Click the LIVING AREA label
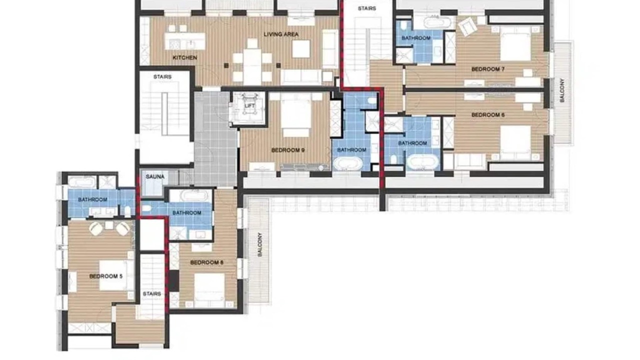pyautogui.click(x=281, y=34)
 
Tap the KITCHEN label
pyautogui.click(x=185, y=57)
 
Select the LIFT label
pyautogui.click(x=249, y=105)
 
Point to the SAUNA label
pyautogui.click(x=155, y=176)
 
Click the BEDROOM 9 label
pyautogui.click(x=287, y=150)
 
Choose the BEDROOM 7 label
pyautogui.click(x=487, y=69)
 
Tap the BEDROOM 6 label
pyautogui.click(x=487, y=115)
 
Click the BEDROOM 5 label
pyautogui.click(x=105, y=276)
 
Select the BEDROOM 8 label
pyautogui.click(x=206, y=262)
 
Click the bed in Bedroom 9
pyautogui.click(x=296, y=115)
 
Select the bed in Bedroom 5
pyautogui.click(x=116, y=275)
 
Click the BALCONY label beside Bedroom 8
pyautogui.click(x=259, y=244)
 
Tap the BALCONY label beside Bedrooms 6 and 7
pyautogui.click(x=562, y=90)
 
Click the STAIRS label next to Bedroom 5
pyautogui.click(x=151, y=293)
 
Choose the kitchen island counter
pyautogui.click(x=185, y=41)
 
